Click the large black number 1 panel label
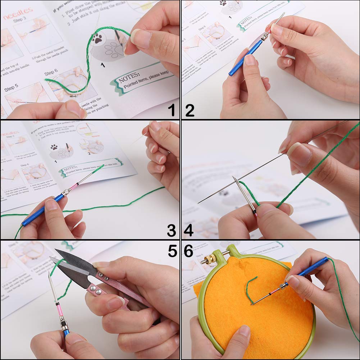(x=172, y=109)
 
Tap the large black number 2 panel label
(x=190, y=109)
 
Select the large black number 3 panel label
(x=172, y=230)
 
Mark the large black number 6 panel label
(x=189, y=251)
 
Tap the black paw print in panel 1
(x=97, y=38)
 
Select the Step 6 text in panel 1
(x=51, y=73)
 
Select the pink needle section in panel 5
(x=58, y=304)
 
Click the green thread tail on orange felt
(x=250, y=288)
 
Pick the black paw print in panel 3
(x=54, y=147)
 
